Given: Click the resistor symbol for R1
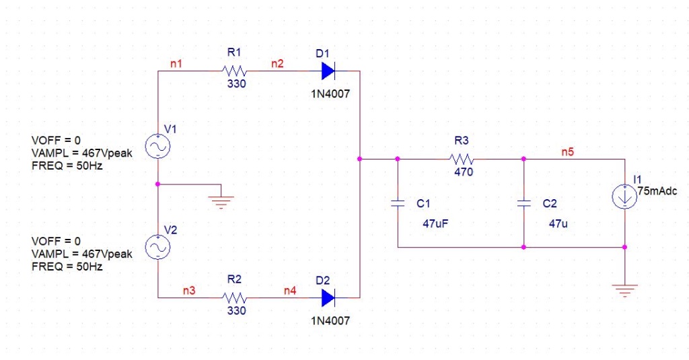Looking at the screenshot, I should click(x=235, y=71).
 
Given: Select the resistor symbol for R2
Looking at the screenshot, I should click(x=235, y=297).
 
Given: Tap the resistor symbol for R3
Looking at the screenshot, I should click(x=462, y=159).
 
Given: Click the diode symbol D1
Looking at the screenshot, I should click(x=328, y=71).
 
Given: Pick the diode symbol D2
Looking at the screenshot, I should click(x=328, y=297).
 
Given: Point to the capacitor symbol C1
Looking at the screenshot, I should click(x=398, y=203).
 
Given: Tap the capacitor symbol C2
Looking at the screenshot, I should click(x=523, y=203).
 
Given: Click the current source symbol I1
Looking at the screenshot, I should click(x=625, y=197).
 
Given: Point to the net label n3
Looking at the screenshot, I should click(x=189, y=291).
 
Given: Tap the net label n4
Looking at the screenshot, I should click(x=289, y=291).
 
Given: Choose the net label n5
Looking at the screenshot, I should click(x=568, y=152).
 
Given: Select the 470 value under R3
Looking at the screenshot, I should click(x=463, y=172).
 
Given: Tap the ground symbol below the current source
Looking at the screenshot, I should click(x=625, y=291).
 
